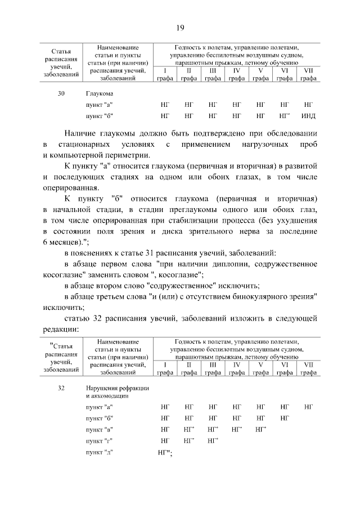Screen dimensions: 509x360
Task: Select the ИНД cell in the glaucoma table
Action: point(308,116)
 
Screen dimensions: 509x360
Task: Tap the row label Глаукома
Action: point(99,93)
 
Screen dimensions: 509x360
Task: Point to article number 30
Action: point(61,93)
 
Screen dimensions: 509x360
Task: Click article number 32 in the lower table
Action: point(61,389)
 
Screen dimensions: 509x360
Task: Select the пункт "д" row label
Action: point(100,453)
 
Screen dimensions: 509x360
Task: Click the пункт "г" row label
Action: point(100,441)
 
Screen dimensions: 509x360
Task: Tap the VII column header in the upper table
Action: point(308,71)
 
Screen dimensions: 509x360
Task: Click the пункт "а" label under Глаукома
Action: point(100,105)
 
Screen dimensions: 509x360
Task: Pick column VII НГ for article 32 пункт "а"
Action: point(308,406)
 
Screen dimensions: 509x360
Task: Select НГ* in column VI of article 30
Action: point(285,116)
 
